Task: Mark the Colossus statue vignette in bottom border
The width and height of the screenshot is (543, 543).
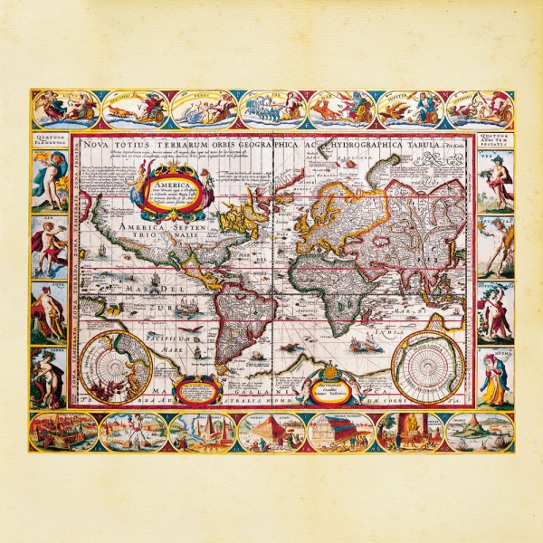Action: click(133, 432)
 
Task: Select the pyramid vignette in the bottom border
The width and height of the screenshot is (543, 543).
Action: click(272, 433)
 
